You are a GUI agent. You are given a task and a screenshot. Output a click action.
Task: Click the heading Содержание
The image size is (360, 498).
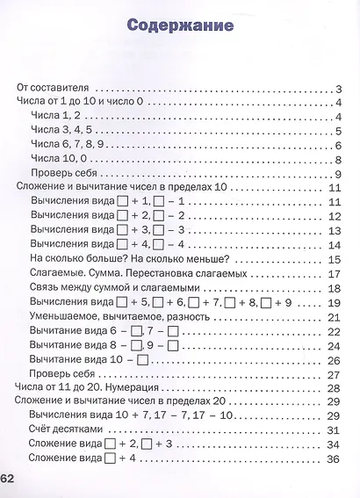click(x=180, y=25)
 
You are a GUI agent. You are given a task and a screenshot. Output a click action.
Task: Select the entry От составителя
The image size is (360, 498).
click(x=54, y=89)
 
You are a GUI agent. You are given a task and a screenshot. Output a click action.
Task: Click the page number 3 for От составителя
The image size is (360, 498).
click(x=337, y=89)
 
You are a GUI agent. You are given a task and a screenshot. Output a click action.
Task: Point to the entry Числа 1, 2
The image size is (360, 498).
click(x=55, y=116)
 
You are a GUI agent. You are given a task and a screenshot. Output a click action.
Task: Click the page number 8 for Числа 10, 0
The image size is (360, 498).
click(x=337, y=159)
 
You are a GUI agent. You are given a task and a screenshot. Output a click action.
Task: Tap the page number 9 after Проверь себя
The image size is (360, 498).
click(x=337, y=173)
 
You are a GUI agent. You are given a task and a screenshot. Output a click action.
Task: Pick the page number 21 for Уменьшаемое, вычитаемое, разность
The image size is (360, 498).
click(x=334, y=317)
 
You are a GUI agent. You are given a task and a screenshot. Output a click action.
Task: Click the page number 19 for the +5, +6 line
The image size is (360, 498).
click(x=334, y=303)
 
